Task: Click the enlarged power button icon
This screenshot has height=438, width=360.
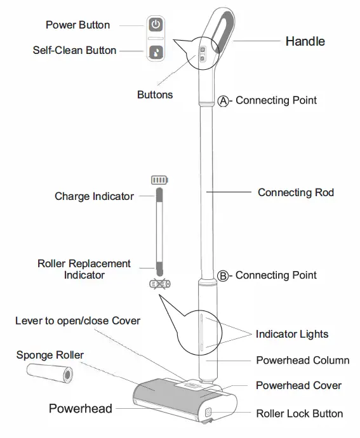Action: click(156, 25)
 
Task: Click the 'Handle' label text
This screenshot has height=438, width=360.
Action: click(305, 41)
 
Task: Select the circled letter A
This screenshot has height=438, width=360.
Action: click(223, 100)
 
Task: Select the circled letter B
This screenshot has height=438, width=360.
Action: click(223, 275)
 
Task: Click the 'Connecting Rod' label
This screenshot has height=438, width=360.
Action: click(295, 192)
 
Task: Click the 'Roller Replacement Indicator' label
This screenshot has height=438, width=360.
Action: click(84, 269)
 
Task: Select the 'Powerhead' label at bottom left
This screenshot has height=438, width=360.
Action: click(81, 408)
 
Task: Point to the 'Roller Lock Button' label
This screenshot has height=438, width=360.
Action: click(299, 414)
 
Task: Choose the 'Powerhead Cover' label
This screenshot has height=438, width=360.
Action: click(298, 385)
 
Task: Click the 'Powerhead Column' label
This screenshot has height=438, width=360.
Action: click(302, 361)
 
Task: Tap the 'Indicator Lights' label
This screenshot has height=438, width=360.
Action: click(291, 334)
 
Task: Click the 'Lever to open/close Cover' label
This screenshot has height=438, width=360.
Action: click(77, 320)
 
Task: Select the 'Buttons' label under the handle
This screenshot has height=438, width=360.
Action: click(154, 95)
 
